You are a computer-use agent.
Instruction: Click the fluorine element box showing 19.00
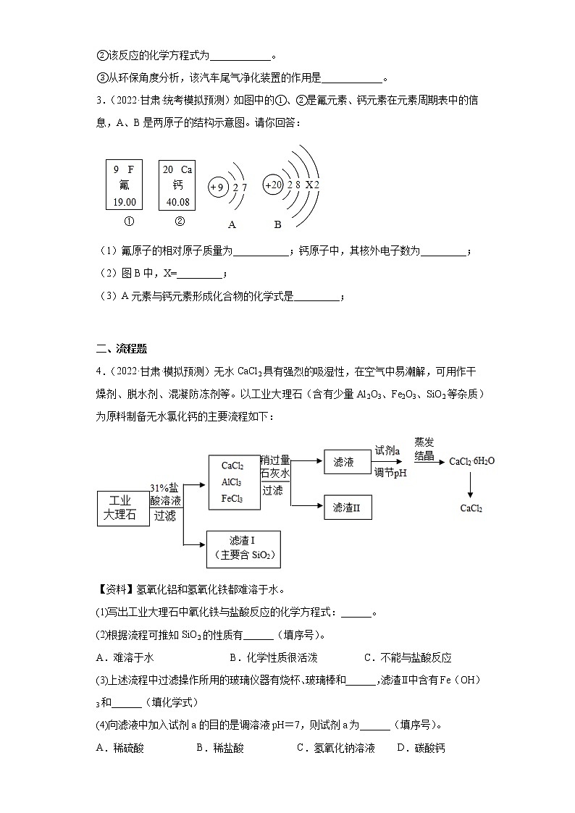click(x=125, y=185)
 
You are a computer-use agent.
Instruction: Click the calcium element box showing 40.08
click(x=177, y=185)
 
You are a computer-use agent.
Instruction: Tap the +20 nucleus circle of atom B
click(x=273, y=185)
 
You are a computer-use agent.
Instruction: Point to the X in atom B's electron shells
click(x=309, y=185)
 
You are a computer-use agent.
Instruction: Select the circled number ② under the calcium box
click(x=180, y=222)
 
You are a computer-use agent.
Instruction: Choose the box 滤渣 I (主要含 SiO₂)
click(x=243, y=549)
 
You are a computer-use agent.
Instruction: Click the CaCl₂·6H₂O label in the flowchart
click(x=471, y=462)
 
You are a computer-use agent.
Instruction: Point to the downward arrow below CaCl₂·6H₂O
click(x=471, y=484)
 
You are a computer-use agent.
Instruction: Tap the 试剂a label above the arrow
click(x=387, y=450)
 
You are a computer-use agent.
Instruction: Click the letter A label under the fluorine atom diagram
click(x=232, y=224)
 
